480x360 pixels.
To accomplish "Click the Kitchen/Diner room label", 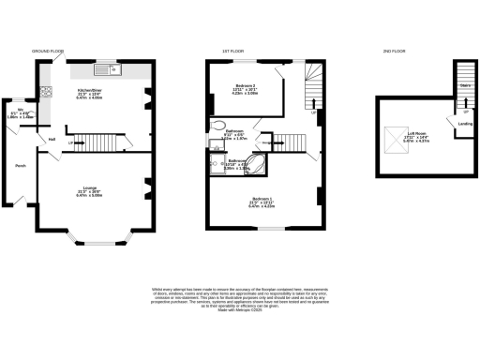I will point(89,92).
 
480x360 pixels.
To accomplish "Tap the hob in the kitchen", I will point(46,92).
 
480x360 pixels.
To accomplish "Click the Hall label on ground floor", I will point(52,140).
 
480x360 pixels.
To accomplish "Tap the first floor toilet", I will point(217,125).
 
